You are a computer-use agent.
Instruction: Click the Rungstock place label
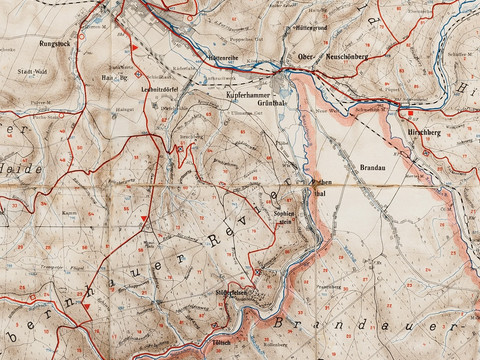[x=54, y=44]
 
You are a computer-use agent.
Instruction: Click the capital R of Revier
[x=211, y=240]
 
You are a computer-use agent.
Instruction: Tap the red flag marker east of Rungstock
[x=130, y=47]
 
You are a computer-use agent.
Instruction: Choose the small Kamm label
[x=71, y=213]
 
